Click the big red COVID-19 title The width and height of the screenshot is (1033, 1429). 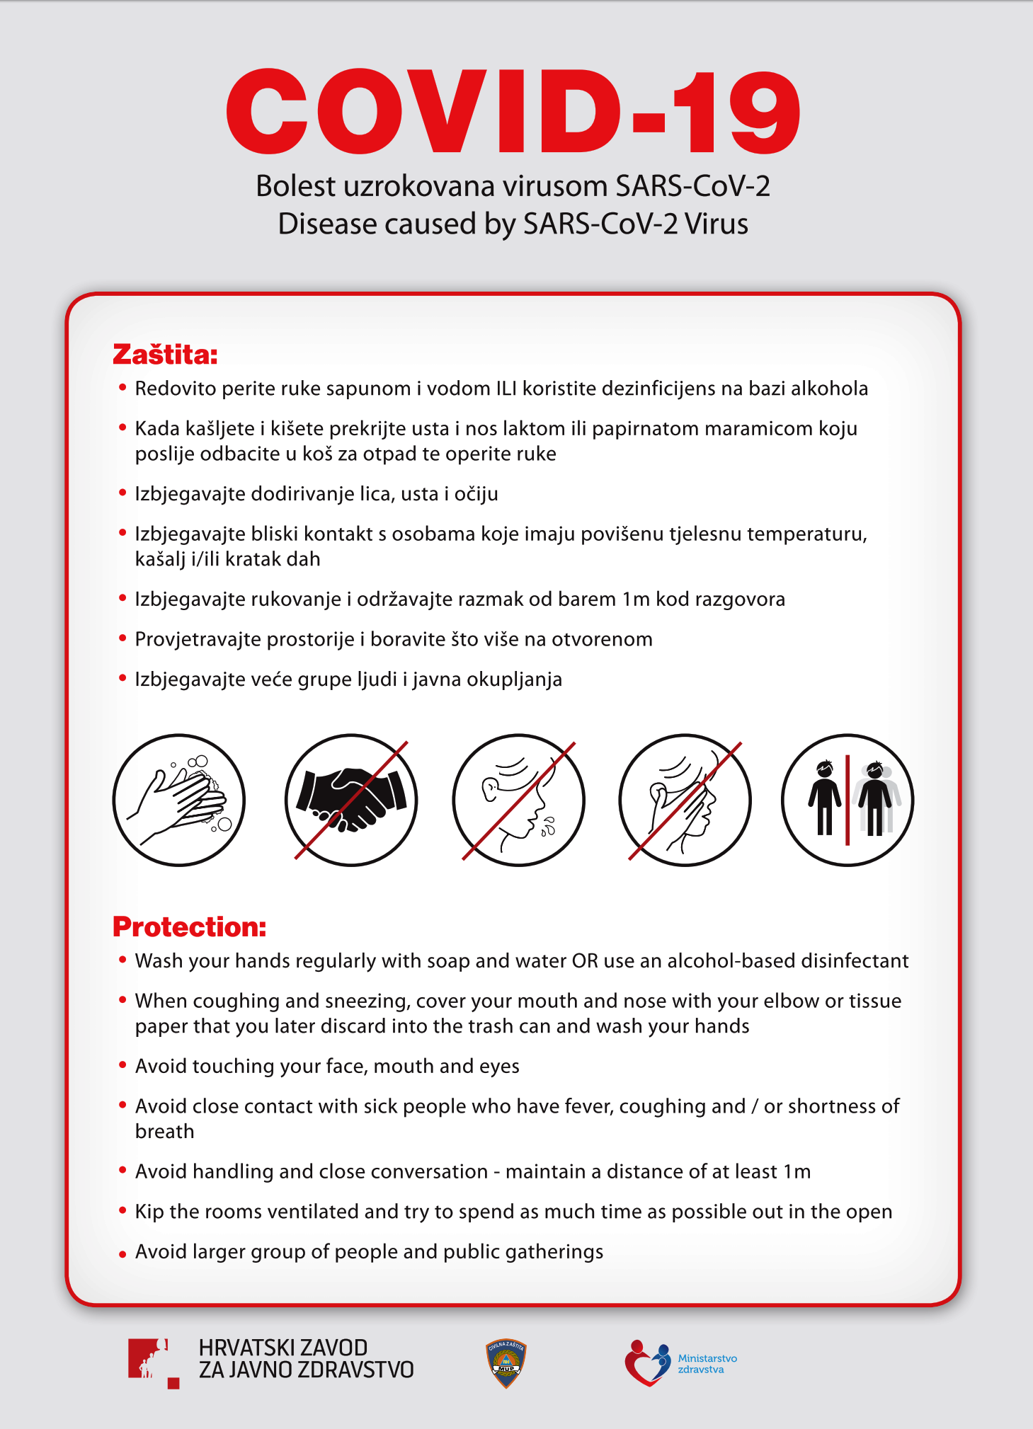[513, 112]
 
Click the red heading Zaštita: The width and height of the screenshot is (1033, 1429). [165, 355]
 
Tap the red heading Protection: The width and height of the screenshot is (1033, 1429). [189, 926]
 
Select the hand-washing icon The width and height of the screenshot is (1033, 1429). [179, 800]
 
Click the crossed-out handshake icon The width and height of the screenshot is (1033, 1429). [351, 800]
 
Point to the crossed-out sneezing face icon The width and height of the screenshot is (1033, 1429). [518, 800]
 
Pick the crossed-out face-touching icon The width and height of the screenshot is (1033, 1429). [685, 800]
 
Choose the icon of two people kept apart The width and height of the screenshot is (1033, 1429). [847, 800]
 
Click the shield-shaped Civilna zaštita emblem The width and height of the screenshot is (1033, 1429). [506, 1363]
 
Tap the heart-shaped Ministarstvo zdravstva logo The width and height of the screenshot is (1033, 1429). [647, 1363]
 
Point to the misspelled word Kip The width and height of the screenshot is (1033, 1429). [149, 1212]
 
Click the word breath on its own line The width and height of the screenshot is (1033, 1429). [164, 1132]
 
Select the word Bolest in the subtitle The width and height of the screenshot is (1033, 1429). [295, 187]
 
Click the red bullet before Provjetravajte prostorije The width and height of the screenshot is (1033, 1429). [122, 639]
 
